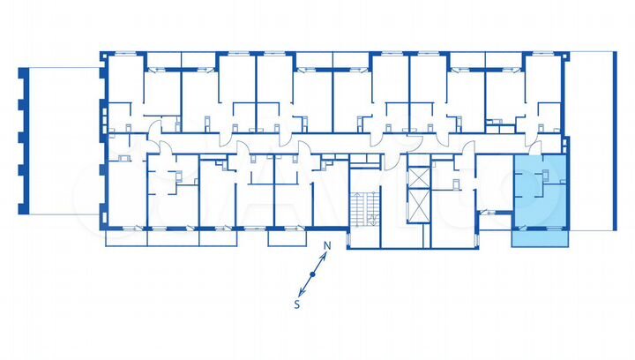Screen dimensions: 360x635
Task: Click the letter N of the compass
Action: click(325, 246)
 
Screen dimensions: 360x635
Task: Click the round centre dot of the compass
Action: click(311, 276)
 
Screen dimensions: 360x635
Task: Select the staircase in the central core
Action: click(364, 206)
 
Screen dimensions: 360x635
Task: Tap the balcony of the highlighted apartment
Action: click(541, 236)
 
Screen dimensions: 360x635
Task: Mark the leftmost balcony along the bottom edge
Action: click(126, 236)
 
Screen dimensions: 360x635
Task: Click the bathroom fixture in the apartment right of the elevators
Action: click(457, 184)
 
